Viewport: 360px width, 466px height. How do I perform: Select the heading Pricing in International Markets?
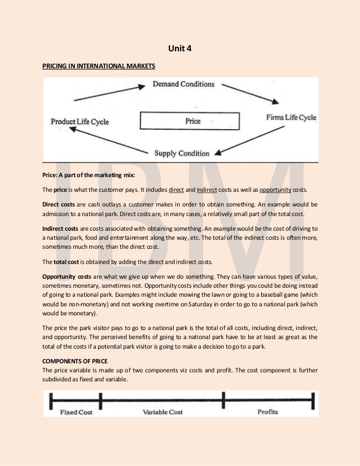coord(99,66)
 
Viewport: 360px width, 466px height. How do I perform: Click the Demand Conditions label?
coord(183,85)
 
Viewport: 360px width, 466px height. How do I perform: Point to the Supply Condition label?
coord(182,153)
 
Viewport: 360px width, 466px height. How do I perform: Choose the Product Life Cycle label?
coord(80,121)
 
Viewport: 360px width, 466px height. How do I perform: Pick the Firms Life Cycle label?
coord(291,118)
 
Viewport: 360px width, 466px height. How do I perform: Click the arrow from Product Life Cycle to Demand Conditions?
coord(110,93)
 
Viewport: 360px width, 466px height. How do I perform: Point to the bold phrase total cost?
coord(69,262)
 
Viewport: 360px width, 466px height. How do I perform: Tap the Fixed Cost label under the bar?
coord(77,412)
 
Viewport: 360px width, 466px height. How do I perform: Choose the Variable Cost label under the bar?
coord(162,412)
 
